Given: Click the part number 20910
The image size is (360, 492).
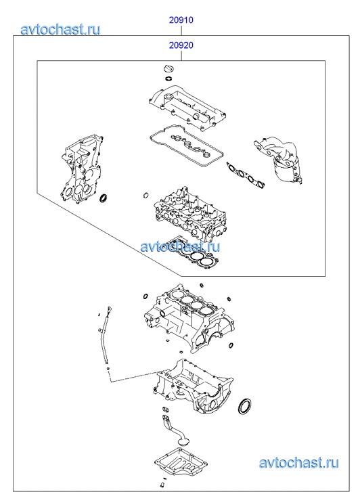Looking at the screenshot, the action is pos(181,20).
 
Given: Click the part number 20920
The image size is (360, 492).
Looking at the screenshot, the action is pos(181,45).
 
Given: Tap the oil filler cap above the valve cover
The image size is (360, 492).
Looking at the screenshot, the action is pos(168,68).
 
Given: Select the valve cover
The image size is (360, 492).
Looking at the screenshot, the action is pos(187,107).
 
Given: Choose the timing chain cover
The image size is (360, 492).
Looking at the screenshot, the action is pos(82,169).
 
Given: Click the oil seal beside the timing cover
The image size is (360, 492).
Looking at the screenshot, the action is pos(103,198).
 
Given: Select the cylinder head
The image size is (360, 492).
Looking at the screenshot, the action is pos(189,214).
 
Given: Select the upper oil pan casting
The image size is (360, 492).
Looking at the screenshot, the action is pos(194,386).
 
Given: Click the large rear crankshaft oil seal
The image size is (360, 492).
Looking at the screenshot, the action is pos(244,406).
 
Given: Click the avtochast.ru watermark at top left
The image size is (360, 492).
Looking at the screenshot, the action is pos(61,29).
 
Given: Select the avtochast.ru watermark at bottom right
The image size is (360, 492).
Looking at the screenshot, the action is pos(299,463).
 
